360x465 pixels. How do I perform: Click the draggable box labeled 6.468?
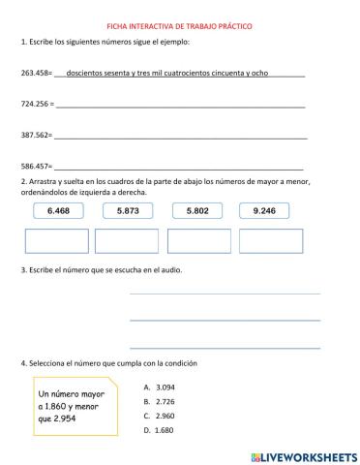pos(58,210)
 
